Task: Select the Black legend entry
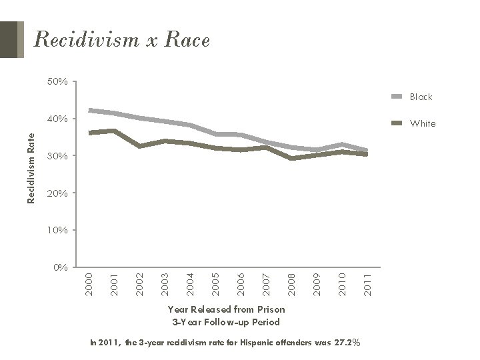point(421,97)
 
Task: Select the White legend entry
point(422,123)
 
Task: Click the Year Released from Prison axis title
point(227,309)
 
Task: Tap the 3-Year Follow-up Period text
point(227,322)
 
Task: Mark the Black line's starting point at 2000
point(90,110)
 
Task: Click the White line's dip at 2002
point(140,145)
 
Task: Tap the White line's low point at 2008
point(291,158)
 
